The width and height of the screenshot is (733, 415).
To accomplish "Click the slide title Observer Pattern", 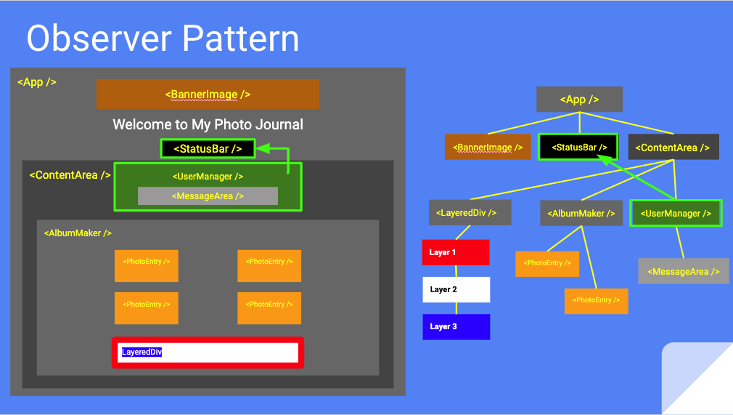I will [x=163, y=38].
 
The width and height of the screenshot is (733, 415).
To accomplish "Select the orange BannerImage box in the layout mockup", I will [x=208, y=94].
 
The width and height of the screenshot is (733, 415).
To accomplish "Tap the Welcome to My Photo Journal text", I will [x=208, y=124].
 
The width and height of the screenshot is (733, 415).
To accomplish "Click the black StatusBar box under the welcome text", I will [x=208, y=149].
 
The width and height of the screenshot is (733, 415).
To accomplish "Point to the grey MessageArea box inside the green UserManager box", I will [x=208, y=196].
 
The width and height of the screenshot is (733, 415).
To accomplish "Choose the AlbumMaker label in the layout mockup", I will [x=78, y=233].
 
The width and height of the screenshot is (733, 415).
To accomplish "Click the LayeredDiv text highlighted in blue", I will [x=142, y=352].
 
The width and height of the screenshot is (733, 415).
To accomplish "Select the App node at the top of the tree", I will [x=579, y=100].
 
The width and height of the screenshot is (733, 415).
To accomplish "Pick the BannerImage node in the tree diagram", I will [x=488, y=148].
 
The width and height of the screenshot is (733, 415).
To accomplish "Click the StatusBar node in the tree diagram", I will [x=578, y=148].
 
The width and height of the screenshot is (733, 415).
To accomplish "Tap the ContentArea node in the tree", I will [x=673, y=148].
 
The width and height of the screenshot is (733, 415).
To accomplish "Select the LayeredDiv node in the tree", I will [x=470, y=213].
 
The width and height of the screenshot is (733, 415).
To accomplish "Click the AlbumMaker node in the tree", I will [x=581, y=214].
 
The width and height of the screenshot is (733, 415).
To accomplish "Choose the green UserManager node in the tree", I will [x=676, y=214].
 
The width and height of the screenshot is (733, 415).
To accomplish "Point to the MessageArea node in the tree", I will [x=683, y=271].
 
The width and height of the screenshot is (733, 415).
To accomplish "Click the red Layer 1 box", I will [x=456, y=252].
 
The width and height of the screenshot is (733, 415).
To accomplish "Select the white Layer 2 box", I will [x=456, y=289].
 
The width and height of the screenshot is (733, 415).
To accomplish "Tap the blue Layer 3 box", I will [x=456, y=326].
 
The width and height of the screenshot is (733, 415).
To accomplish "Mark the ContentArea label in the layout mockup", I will [x=70, y=175].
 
